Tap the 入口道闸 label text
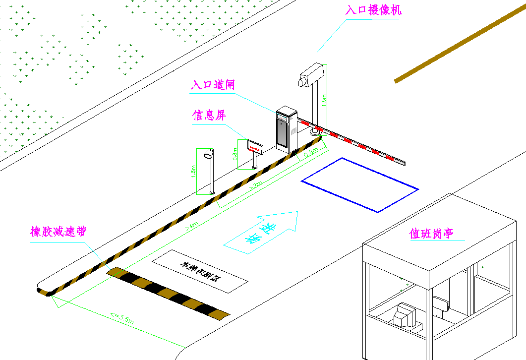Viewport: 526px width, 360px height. [x=213, y=85]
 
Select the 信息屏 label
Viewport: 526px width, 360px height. [x=209, y=116]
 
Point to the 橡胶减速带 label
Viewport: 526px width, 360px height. [x=58, y=232]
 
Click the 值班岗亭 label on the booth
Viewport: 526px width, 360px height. [x=432, y=234]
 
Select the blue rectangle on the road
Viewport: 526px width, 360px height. [x=360, y=184]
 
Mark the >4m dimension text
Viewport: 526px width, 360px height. [x=192, y=226]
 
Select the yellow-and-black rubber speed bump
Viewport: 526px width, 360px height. [x=169, y=293]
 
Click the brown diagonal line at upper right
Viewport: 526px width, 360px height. [x=461, y=44]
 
